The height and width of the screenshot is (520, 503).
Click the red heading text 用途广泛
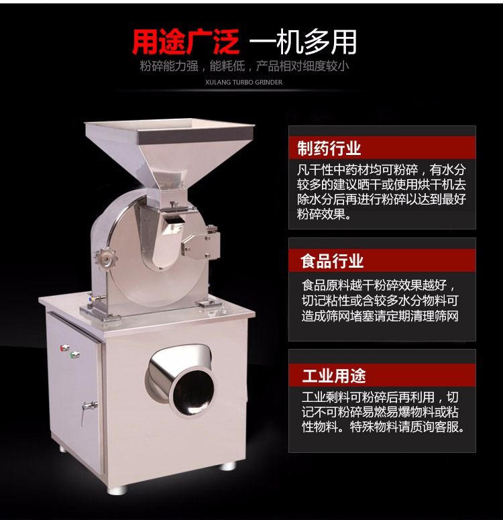pyautogui.click(x=185, y=42)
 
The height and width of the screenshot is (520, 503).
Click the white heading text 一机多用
pyautogui.click(x=302, y=42)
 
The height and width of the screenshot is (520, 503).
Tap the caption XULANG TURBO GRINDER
pyautogui.click(x=243, y=83)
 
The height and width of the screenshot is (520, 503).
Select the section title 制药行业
pyautogui.click(x=329, y=148)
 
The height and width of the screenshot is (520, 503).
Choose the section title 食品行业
pyautogui.click(x=332, y=260)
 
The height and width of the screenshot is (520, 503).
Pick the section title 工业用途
pyautogui.click(x=333, y=376)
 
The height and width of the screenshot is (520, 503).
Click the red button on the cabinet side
pyautogui.click(x=64, y=348)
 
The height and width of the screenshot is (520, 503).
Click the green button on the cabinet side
pyautogui.click(x=75, y=354)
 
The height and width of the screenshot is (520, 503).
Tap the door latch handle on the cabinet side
pyautogui.click(x=88, y=409)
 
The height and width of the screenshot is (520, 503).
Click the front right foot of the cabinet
pyautogui.click(x=228, y=466)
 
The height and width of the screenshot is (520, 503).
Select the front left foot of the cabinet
pyautogui.click(x=117, y=490)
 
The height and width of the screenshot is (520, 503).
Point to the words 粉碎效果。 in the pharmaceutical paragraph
pyautogui.click(x=325, y=214)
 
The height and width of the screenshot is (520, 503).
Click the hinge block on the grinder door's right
pyautogui.click(x=201, y=245)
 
